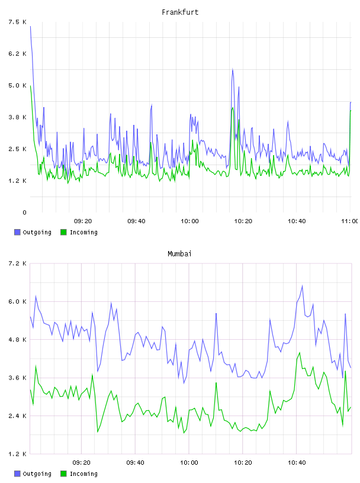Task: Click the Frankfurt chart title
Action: point(180,12)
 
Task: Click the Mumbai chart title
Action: point(179,254)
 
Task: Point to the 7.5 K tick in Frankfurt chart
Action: point(17,22)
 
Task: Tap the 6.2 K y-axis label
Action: point(17,54)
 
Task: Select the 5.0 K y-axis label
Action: point(17,85)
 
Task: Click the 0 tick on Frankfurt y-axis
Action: point(24,212)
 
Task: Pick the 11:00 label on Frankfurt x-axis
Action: point(349,221)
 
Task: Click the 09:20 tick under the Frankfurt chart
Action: point(83,221)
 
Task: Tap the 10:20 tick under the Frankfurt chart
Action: point(243,221)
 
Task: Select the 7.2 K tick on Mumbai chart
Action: point(17,263)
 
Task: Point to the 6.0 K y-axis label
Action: point(17,301)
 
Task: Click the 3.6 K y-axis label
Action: point(17,378)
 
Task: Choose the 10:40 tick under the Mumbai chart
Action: point(297,463)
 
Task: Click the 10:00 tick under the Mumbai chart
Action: point(189,463)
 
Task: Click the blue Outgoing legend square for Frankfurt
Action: point(17,232)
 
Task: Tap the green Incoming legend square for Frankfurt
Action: point(63,232)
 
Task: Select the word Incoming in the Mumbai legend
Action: point(83,474)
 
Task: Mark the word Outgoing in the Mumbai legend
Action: point(37,474)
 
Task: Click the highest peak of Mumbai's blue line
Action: point(303,285)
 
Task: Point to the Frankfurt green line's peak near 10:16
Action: point(233,108)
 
